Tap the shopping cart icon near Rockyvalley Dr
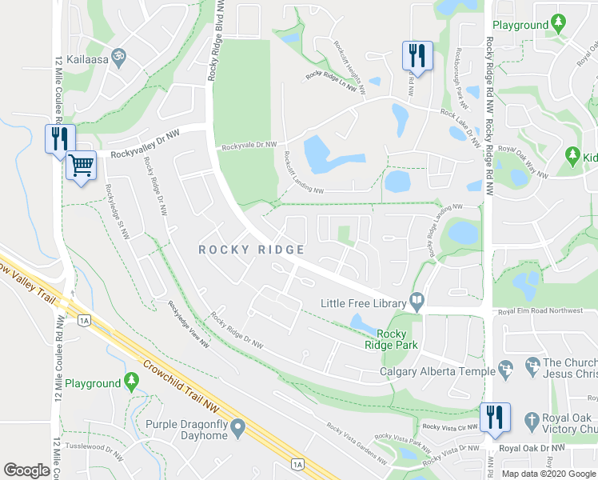[81, 166]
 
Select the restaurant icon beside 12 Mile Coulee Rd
[60, 138]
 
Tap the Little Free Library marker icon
[417, 302]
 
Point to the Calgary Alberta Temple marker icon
[505, 369]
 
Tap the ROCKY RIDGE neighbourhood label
[251, 250]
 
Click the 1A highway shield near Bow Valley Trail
[84, 321]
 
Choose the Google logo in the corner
[27, 470]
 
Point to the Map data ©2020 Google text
[548, 474]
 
